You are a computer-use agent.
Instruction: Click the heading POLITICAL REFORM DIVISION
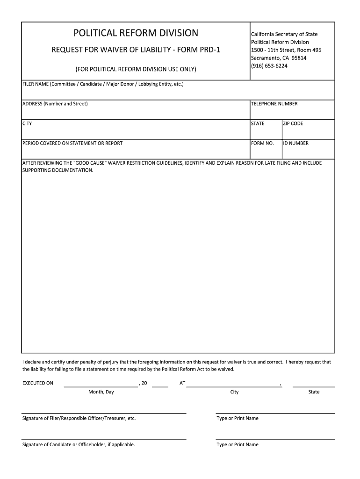(x=136, y=33)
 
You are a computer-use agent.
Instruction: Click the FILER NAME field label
(x=103, y=85)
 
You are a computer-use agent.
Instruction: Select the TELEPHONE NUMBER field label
(x=274, y=104)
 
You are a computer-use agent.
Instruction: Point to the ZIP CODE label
(x=293, y=123)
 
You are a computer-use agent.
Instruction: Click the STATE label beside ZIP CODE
(x=258, y=123)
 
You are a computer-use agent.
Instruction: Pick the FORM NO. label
(x=262, y=143)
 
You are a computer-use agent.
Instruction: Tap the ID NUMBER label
(x=295, y=143)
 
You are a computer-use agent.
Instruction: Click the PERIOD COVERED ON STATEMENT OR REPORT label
(x=72, y=143)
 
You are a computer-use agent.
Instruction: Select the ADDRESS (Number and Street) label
(x=55, y=104)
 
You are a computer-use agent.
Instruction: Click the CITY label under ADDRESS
(x=27, y=123)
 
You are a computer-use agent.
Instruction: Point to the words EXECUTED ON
(x=38, y=383)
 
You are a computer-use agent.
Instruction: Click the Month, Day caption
(x=101, y=392)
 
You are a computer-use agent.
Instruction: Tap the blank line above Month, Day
(x=101, y=386)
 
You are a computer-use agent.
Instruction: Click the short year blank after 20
(x=160, y=386)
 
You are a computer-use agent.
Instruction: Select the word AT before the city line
(x=182, y=383)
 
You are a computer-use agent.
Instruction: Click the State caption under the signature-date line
(x=314, y=392)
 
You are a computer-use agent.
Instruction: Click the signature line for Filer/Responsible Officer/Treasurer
(x=104, y=413)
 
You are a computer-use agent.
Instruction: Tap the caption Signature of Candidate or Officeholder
(x=79, y=444)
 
